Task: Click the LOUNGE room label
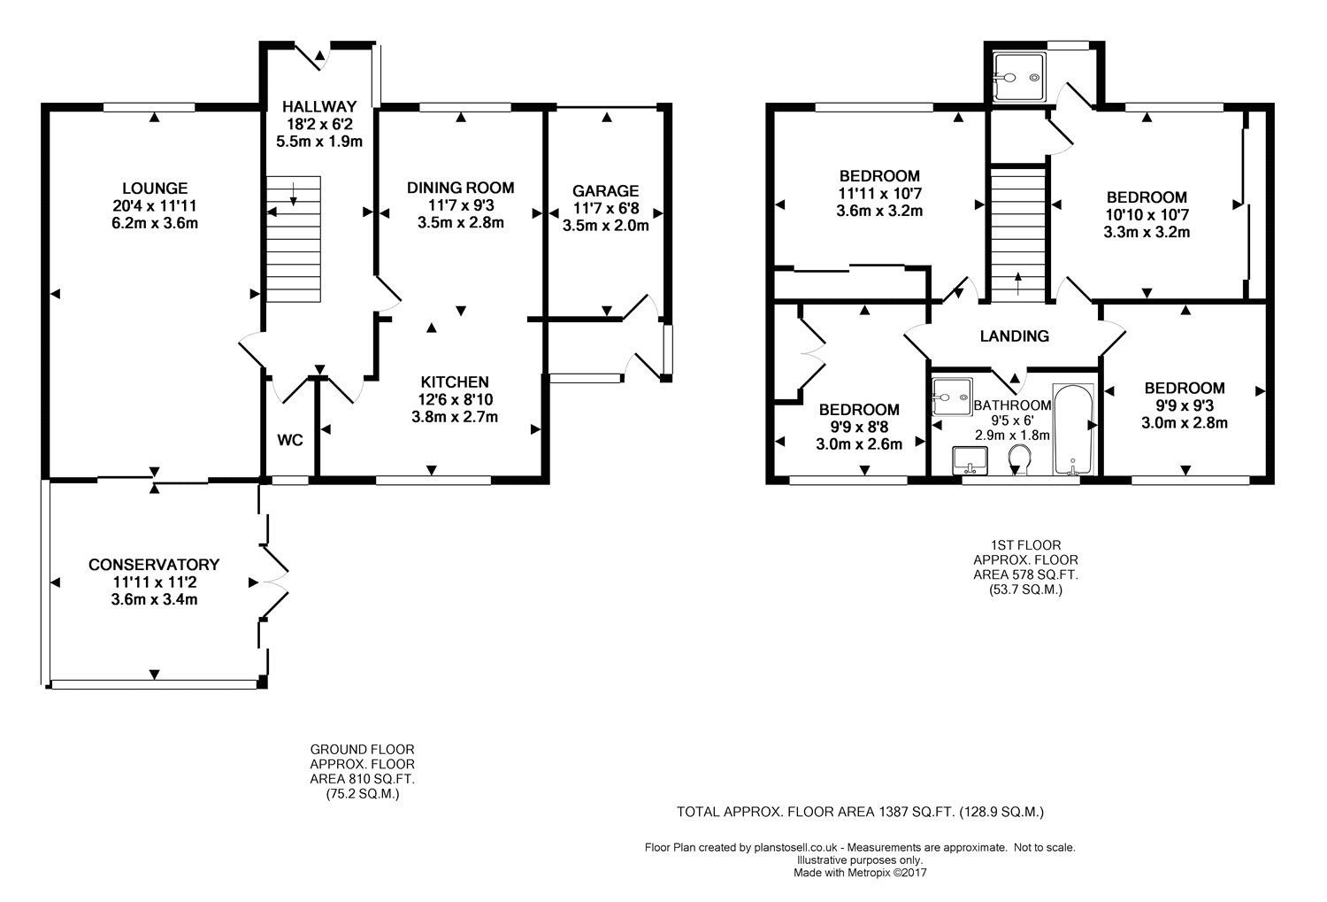(155, 189)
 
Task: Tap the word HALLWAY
(319, 107)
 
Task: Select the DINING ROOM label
(460, 188)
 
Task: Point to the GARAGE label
(605, 191)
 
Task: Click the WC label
(289, 440)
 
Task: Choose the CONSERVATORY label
(154, 564)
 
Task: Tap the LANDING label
(1014, 336)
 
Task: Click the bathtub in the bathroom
(1073, 429)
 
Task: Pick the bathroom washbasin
(970, 460)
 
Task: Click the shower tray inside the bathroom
(952, 397)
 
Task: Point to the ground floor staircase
(293, 239)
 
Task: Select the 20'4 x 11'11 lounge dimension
(155, 206)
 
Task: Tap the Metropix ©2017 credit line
(886, 873)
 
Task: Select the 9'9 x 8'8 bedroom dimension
(859, 427)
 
